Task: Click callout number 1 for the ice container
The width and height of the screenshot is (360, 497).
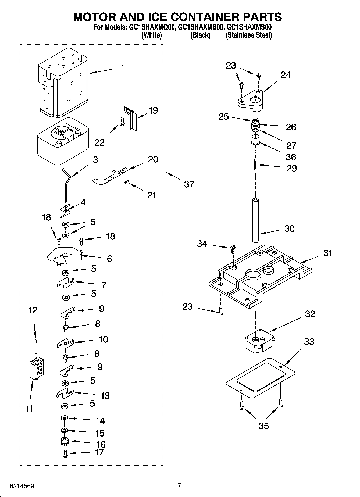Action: pos(122,68)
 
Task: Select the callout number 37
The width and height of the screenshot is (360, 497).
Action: pos(189,184)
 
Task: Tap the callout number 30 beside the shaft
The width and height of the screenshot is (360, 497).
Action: pos(290,229)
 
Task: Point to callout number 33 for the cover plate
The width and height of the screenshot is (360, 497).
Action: pos(309,342)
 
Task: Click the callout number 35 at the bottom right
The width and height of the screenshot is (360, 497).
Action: pos(263,426)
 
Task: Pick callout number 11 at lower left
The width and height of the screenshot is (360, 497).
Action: pos(29,409)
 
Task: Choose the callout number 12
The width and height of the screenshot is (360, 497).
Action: pos(33,310)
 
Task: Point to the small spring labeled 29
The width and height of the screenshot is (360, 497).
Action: pos(255,165)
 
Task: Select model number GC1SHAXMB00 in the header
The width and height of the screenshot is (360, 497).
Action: pos(201,27)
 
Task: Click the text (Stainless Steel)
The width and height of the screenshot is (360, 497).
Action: pos(249,35)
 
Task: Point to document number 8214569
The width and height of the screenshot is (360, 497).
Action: pos(22,486)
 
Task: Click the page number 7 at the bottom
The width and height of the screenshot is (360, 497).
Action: pos(180,485)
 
